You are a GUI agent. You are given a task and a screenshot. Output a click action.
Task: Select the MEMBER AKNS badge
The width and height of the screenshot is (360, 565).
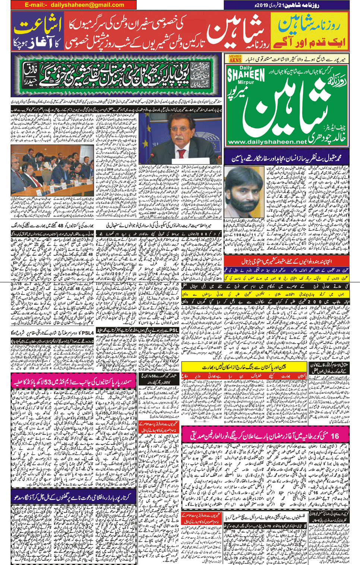pyautogui.click(x=235, y=59)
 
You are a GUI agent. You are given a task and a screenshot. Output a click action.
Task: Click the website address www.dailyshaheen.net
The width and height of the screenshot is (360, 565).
pyautogui.click(x=267, y=142)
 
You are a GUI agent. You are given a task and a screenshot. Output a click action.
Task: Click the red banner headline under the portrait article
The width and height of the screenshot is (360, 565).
pyautogui.click(x=287, y=261)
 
